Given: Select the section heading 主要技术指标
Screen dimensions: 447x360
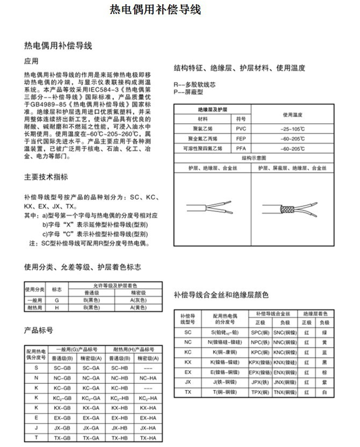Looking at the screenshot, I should [x=46, y=177].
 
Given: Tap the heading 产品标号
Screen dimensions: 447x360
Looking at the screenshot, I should [x=38, y=330].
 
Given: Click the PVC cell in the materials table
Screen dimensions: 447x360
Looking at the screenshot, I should [x=240, y=129].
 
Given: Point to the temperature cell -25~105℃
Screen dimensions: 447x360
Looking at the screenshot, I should [x=291, y=129].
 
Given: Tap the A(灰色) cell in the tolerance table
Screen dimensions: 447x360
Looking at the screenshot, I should [x=139, y=300].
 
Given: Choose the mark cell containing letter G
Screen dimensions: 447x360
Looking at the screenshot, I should [x=57, y=300].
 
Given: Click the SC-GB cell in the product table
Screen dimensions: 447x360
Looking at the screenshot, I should [x=62, y=367].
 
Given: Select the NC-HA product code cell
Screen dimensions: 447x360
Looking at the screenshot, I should [x=145, y=377].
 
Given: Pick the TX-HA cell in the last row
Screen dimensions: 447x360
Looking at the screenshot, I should [x=145, y=438].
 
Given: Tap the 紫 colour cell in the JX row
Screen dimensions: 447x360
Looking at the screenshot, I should [x=325, y=382].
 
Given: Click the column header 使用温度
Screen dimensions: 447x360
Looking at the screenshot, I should [x=291, y=115].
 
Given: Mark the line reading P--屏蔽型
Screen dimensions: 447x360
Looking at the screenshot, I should [x=188, y=91].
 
